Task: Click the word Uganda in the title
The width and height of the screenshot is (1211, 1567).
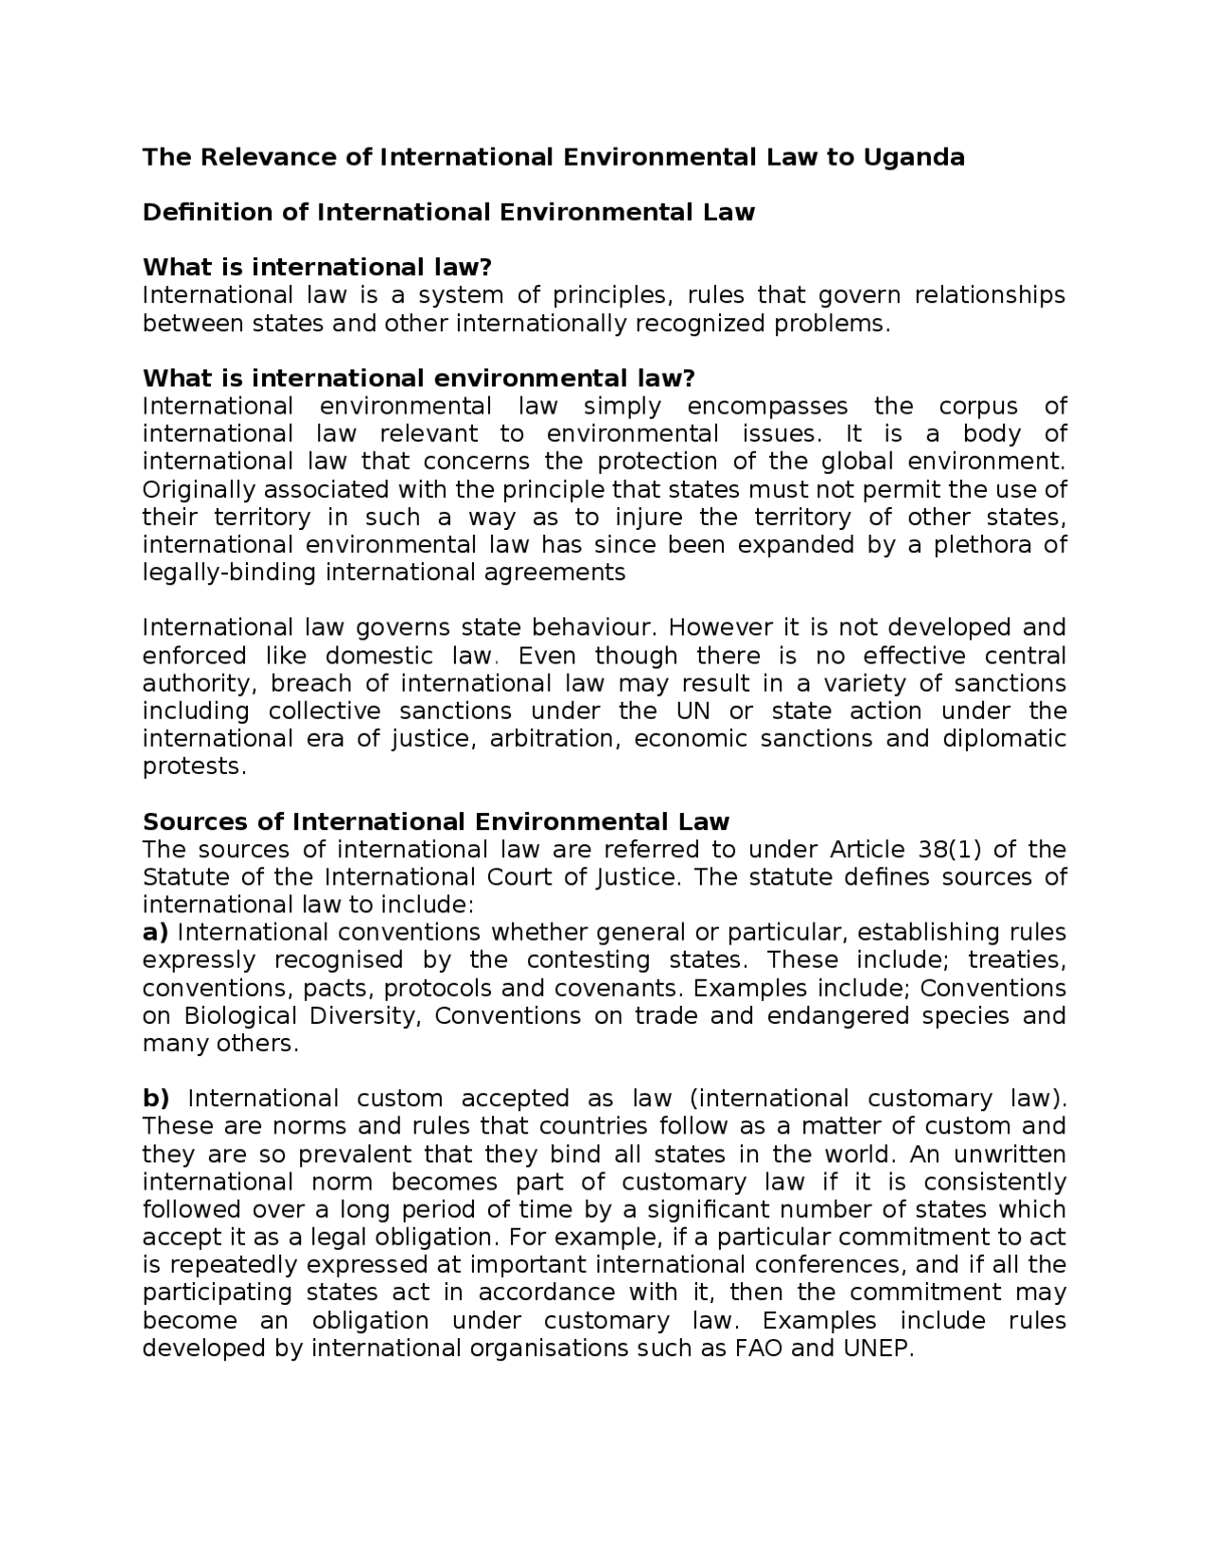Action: (x=912, y=157)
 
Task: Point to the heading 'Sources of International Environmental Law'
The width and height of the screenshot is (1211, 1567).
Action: (x=435, y=821)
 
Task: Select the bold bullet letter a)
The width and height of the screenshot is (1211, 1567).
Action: (x=155, y=933)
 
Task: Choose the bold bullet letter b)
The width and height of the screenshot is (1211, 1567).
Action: (x=155, y=1099)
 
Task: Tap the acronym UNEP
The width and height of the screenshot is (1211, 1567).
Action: (x=877, y=1348)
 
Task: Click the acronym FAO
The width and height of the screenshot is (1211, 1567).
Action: (x=759, y=1348)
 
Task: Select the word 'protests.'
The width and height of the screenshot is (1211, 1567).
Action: (x=194, y=766)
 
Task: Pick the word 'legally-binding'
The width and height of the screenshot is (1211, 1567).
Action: (x=230, y=573)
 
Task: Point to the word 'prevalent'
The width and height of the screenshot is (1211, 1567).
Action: (x=356, y=1154)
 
